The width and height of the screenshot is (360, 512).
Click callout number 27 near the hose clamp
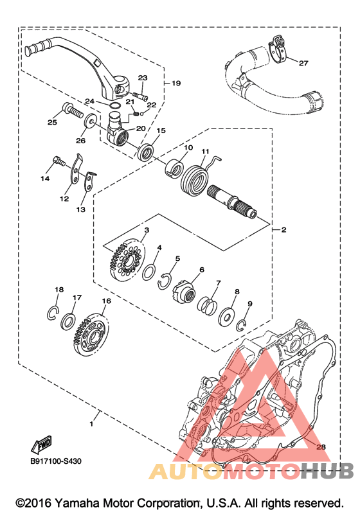[303, 63]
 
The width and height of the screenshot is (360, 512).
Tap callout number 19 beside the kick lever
[175, 84]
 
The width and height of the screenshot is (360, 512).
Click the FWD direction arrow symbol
[43, 444]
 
